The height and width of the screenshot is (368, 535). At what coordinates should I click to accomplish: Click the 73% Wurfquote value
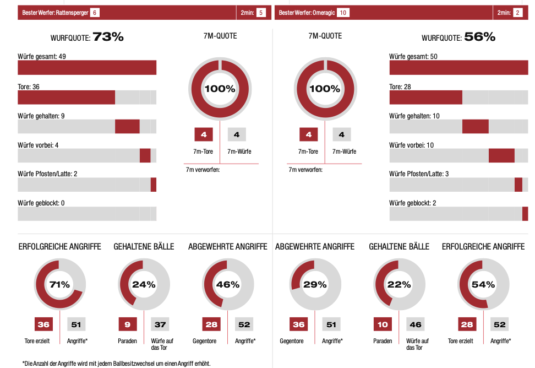(108, 37)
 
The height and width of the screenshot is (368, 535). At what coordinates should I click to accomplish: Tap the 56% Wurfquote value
(479, 37)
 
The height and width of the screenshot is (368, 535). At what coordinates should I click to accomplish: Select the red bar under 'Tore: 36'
(66, 98)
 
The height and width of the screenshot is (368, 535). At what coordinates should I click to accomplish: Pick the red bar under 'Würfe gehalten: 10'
(475, 126)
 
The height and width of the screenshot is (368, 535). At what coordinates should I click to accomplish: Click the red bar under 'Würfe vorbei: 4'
(145, 155)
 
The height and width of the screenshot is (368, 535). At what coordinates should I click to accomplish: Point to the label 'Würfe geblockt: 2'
(413, 203)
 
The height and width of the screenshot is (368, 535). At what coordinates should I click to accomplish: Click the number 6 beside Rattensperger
(95, 12)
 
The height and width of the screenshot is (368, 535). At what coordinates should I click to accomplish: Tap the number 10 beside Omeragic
(343, 12)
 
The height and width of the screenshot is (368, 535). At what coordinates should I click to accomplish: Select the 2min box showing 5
(261, 12)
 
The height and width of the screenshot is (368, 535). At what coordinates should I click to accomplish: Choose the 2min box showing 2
(518, 12)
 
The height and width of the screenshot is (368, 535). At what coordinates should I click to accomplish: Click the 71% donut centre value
(59, 285)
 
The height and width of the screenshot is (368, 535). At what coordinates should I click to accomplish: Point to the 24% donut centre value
(144, 285)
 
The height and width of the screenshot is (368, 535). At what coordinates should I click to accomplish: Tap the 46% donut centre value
(228, 285)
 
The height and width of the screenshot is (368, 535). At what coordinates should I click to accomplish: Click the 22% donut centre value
(399, 285)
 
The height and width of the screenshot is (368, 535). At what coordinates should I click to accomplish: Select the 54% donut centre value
(483, 285)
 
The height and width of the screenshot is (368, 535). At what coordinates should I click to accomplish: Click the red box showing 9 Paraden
(127, 324)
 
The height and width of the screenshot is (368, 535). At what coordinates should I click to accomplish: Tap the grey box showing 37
(160, 324)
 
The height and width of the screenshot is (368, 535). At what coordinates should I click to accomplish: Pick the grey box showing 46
(416, 324)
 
